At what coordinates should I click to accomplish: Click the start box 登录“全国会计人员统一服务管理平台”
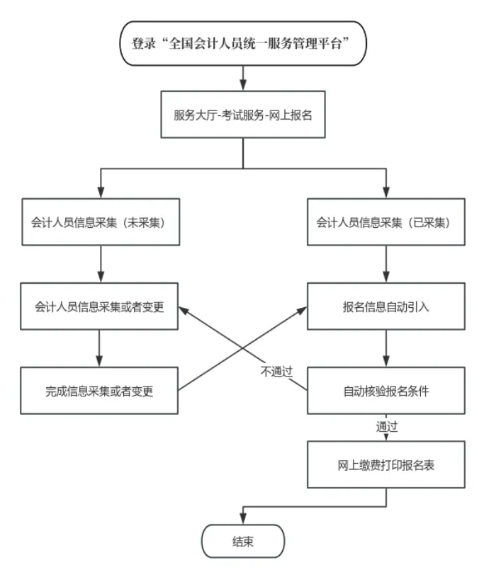pyautogui.click(x=243, y=42)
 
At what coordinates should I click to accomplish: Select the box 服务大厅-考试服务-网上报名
pyautogui.click(x=243, y=114)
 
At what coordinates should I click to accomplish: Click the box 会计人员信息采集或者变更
pyautogui.click(x=98, y=307)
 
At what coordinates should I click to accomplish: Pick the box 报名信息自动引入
pyautogui.click(x=385, y=307)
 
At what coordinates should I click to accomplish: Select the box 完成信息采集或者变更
pyautogui.click(x=98, y=390)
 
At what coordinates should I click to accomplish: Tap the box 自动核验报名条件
pyautogui.click(x=385, y=390)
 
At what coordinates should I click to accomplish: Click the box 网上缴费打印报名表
pyautogui.click(x=385, y=465)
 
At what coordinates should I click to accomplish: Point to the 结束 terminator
pyautogui.click(x=243, y=542)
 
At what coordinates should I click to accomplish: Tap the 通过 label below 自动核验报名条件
pyautogui.click(x=386, y=427)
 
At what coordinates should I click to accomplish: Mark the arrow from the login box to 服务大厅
pyautogui.click(x=243, y=77)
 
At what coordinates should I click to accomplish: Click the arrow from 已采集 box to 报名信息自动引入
pyautogui.click(x=385, y=263)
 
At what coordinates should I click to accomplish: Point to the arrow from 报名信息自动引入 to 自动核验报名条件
pyautogui.click(x=385, y=348)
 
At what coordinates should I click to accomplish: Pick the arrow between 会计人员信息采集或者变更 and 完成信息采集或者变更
pyautogui.click(x=98, y=348)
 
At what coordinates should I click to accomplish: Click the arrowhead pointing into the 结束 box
pyautogui.click(x=243, y=520)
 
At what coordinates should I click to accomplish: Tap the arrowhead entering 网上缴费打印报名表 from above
pyautogui.click(x=385, y=437)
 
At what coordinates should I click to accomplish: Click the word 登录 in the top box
pyautogui.click(x=143, y=42)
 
